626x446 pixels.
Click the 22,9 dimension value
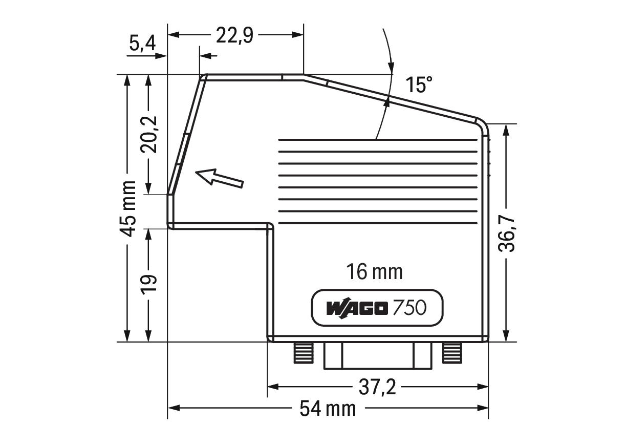pos(235,35)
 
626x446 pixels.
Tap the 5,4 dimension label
pos(142,44)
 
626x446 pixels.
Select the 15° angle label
pos(419,84)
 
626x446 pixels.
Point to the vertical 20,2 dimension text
pos(148,135)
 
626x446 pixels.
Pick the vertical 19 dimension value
pos(148,285)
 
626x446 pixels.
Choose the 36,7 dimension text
pos(506,234)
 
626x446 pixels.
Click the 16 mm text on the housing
pos(375,271)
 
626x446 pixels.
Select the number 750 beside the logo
pos(409,308)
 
